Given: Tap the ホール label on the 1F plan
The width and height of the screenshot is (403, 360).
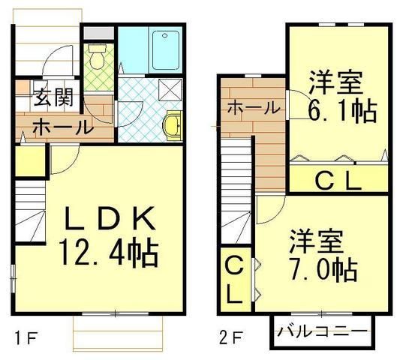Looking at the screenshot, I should pyautogui.click(x=63, y=127).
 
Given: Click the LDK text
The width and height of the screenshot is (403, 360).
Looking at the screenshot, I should pyautogui.click(x=110, y=220).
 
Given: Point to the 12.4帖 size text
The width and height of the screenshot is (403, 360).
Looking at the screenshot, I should pyautogui.click(x=110, y=253).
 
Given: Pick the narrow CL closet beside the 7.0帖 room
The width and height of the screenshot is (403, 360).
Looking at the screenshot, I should pyautogui.click(x=234, y=279).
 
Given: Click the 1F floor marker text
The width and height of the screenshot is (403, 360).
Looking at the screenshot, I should pyautogui.click(x=25, y=337).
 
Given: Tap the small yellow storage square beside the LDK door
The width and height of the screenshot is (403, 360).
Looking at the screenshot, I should pyautogui.click(x=29, y=161).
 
